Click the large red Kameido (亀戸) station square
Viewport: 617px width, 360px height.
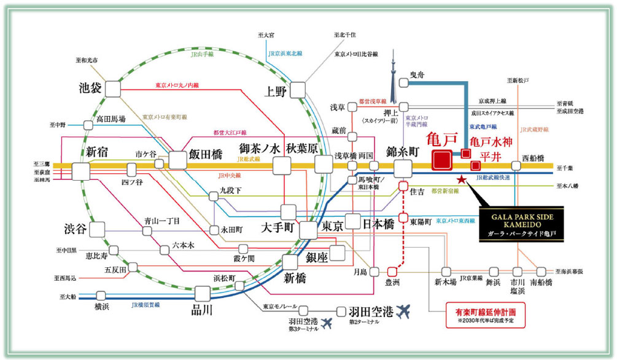pos(442,161)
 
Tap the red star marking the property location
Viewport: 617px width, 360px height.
pos(461,179)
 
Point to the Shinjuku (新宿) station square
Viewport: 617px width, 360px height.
pos(80,171)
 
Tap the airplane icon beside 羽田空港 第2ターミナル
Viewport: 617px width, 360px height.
pos(405,311)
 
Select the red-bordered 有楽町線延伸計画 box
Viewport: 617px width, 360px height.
pos(486,317)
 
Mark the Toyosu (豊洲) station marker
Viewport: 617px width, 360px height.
pos(392,271)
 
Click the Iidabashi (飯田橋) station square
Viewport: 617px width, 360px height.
pos(177,161)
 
